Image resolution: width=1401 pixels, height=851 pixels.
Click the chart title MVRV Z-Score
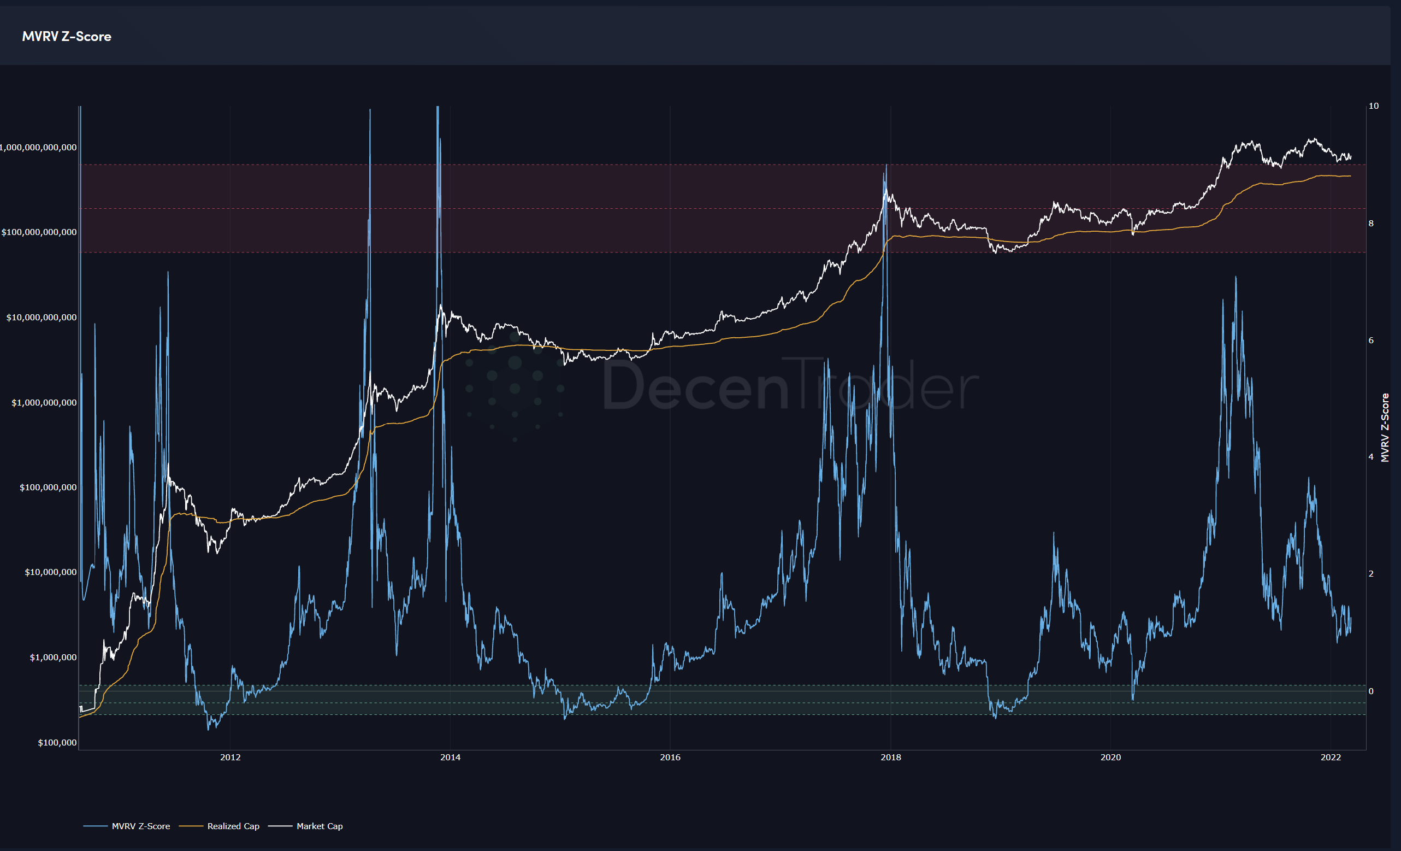coord(67,37)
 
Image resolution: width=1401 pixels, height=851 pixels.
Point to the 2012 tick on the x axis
coord(230,757)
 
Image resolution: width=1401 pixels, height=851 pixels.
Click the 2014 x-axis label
coord(450,757)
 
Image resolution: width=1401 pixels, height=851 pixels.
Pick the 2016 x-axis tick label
coord(670,757)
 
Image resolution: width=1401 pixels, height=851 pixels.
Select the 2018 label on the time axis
coord(890,757)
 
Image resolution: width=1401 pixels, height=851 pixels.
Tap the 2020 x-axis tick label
coord(1110,757)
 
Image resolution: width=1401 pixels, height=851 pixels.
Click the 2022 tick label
coord(1331,757)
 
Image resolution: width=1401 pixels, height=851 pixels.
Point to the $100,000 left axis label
coord(57,742)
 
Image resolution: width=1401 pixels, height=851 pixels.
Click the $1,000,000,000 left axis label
coord(44,403)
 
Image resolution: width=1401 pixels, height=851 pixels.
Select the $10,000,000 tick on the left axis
coord(51,572)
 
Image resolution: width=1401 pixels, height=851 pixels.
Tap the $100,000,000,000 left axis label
coord(39,232)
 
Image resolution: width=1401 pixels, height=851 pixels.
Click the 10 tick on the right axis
coord(1373,106)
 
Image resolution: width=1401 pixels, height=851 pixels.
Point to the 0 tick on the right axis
coord(1371,691)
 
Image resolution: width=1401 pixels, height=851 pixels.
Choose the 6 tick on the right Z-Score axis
coord(1371,340)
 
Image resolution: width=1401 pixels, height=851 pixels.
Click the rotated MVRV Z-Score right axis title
coord(1385,427)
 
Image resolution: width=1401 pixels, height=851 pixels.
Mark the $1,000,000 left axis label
coord(53,658)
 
